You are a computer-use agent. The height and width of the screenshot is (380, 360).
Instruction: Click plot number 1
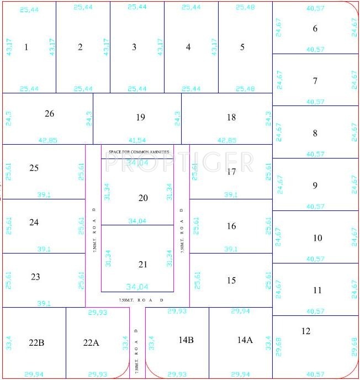26,47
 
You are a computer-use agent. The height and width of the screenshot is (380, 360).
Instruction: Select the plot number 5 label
242,47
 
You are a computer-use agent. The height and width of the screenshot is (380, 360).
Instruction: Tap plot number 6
315,29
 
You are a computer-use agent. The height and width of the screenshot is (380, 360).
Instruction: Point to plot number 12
306,331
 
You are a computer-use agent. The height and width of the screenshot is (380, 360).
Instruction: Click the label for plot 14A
245,340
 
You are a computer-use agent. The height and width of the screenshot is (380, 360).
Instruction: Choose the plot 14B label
186,340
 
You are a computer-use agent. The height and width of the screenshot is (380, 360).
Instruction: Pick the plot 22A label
91,343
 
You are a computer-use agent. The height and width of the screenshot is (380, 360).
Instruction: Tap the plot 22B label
36,343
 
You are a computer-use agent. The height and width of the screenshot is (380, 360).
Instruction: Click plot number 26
50,114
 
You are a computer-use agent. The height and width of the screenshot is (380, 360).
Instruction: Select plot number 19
140,117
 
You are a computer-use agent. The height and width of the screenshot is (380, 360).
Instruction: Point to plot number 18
231,117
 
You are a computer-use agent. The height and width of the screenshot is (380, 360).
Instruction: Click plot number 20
143,198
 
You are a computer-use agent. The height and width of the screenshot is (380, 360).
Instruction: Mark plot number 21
143,265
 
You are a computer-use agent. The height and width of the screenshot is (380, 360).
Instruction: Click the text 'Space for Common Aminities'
139,151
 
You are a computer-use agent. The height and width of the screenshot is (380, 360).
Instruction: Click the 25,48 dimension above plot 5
245,8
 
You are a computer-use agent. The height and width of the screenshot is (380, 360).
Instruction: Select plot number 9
315,186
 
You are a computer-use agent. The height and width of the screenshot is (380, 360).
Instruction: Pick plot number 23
35,277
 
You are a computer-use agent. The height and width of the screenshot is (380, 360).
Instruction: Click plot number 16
231,226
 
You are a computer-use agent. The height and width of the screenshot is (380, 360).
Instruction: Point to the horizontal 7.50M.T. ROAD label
141,299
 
